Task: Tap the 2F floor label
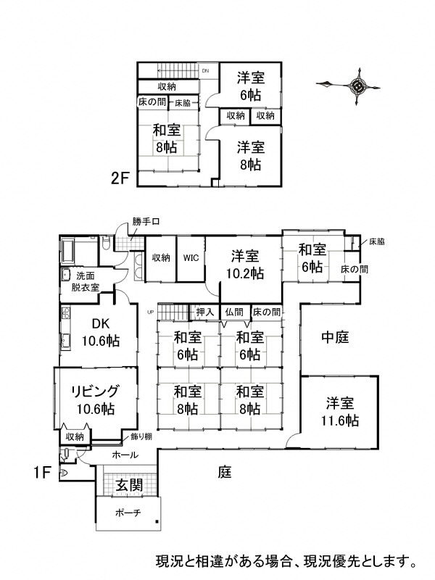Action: click(x=120, y=177)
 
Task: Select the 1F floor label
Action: click(x=42, y=473)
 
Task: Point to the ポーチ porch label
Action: click(x=128, y=513)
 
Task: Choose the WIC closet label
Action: click(x=191, y=257)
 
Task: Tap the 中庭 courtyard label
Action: click(x=336, y=337)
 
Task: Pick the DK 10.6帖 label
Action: click(x=100, y=333)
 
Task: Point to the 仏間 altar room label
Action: click(x=234, y=312)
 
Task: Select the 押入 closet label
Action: click(x=204, y=312)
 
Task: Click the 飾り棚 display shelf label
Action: click(x=141, y=436)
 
